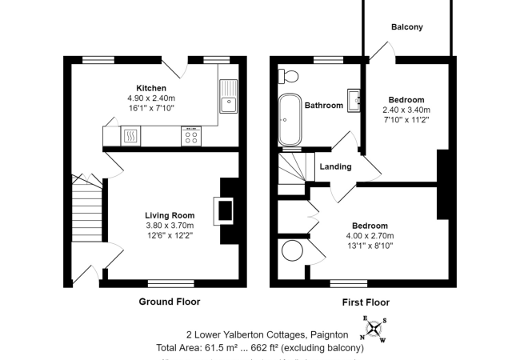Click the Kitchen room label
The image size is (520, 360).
tap(150, 88)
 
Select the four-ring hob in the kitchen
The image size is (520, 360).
tap(191, 137)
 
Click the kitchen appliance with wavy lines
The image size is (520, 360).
tap(130, 138)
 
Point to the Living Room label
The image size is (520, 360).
tap(170, 215)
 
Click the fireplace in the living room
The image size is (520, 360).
tap(226, 210)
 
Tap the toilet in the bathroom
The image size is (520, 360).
tap(289, 77)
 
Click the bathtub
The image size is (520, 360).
tap(290, 119)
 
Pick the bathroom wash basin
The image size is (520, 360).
tap(356, 101)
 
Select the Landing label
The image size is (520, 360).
tap(334, 166)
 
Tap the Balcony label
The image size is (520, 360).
tap(406, 27)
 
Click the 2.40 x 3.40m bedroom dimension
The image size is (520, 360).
tap(405, 110)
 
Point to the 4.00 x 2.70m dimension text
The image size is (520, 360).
tap(369, 236)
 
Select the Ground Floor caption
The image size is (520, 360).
tap(170, 302)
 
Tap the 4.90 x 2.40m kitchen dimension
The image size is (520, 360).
tap(150, 98)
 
